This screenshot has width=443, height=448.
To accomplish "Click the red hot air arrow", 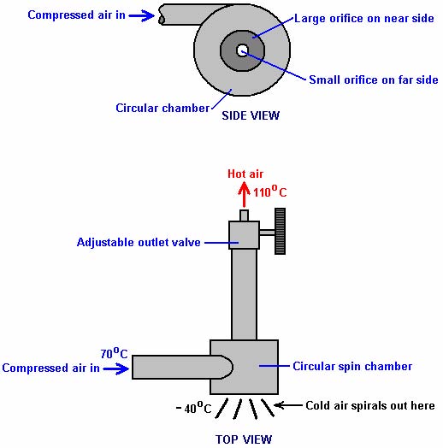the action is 244,195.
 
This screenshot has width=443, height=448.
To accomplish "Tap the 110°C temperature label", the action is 269,192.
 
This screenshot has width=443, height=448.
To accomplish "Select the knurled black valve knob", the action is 280,231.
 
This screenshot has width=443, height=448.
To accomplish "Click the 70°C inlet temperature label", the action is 114,353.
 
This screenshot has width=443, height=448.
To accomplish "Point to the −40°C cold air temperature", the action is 193,408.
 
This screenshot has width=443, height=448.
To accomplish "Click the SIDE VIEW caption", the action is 251,115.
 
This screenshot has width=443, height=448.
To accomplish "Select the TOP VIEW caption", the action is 244,439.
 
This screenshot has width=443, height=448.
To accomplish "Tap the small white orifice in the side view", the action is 242,50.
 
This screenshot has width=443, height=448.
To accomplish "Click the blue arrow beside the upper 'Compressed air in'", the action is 141,15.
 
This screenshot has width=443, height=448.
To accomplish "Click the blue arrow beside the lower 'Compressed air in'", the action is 115,368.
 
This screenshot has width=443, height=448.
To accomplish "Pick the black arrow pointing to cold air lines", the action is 288,405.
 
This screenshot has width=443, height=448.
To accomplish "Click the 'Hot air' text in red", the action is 245,174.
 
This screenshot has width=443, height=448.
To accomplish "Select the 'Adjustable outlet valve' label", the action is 139,242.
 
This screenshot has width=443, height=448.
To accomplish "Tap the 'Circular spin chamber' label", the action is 352,366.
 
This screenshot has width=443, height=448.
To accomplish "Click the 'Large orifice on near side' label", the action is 364,18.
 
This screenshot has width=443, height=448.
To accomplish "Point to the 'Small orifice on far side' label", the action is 374,80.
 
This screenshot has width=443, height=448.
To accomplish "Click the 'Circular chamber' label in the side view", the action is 162,108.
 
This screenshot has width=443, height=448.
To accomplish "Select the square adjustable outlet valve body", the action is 244,235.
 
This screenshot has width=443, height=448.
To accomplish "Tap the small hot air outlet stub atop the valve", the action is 244,215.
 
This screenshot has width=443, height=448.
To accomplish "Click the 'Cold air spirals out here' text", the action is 370,405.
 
